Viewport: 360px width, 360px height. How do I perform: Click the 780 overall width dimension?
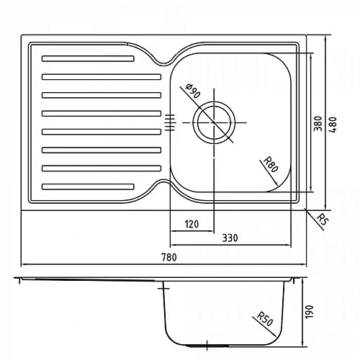tap(170, 257)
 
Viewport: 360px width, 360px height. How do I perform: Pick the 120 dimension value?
tap(192, 224)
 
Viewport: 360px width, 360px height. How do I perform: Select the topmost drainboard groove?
tap(88, 58)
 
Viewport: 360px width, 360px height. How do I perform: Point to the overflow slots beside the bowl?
tap(171, 122)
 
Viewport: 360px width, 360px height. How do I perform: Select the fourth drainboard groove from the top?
tap(101, 112)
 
